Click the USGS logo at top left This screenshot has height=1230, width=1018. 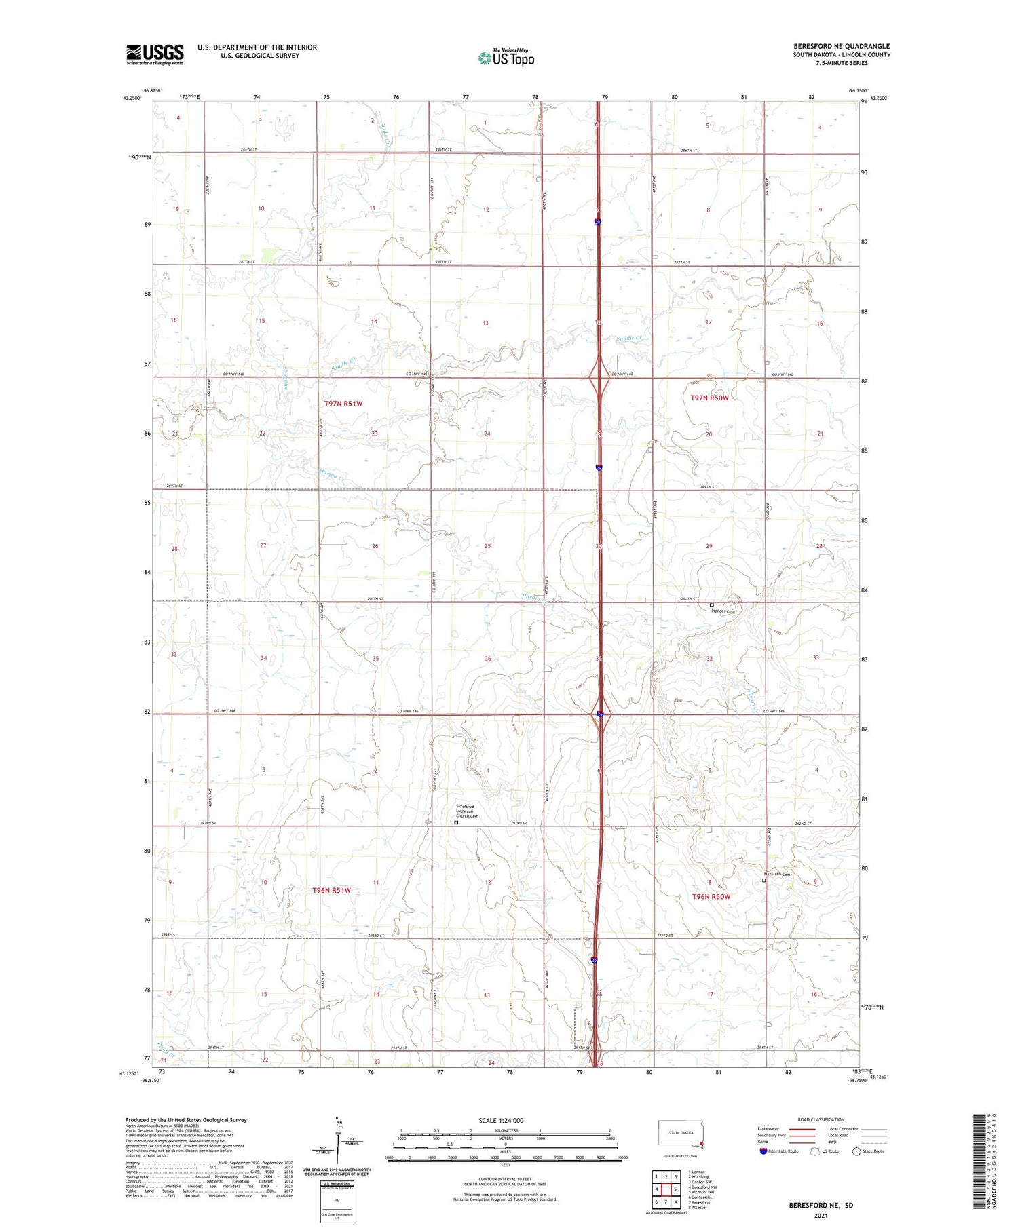point(155,54)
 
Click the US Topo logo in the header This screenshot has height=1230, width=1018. point(506,58)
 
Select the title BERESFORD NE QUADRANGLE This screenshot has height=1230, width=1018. point(842,46)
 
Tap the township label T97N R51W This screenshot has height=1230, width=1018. point(343,404)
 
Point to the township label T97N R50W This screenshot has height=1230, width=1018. point(709,398)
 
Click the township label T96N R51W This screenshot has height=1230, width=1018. point(332,890)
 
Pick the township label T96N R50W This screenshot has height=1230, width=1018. point(711,897)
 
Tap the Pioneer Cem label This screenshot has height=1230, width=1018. point(723,611)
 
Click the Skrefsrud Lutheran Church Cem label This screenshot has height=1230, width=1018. point(467,812)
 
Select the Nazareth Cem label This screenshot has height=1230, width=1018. point(777,875)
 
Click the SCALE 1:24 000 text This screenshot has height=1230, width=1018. point(501,1120)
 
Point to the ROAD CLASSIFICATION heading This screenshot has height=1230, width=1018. point(821,1119)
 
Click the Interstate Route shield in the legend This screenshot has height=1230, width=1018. point(763,1151)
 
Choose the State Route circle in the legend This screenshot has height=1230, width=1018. point(856,1151)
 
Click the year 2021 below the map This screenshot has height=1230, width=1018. point(821,1216)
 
